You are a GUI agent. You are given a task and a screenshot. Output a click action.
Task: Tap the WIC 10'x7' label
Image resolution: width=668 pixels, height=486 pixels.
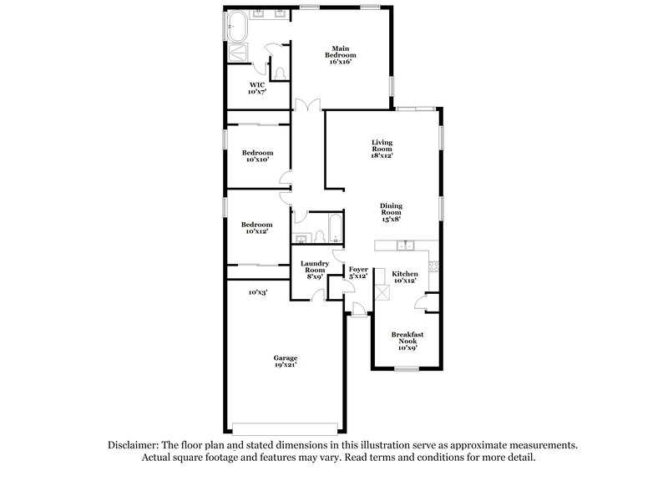[257, 88]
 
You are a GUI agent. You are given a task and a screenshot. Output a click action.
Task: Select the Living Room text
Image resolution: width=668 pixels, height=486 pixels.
[382, 149]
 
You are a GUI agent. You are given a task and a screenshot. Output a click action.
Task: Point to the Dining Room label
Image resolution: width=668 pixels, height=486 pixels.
[391, 212]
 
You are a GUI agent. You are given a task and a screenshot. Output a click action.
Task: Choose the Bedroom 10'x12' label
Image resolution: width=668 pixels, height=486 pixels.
[257, 227]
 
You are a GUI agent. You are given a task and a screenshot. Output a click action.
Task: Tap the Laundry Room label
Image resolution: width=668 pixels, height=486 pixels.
[314, 270]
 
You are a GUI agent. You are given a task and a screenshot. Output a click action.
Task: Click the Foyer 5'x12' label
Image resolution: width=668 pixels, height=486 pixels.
[358, 272]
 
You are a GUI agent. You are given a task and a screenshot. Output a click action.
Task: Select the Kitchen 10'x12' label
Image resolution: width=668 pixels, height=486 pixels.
[405, 277]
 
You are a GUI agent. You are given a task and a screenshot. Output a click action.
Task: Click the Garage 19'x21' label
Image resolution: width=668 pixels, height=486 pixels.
[286, 361]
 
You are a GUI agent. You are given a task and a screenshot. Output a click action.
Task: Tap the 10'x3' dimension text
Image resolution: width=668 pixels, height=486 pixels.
[257, 292]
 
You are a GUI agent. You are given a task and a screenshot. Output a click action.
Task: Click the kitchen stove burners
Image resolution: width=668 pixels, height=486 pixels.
[433, 268]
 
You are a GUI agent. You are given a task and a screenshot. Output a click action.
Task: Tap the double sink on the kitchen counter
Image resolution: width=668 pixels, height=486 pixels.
[408, 246]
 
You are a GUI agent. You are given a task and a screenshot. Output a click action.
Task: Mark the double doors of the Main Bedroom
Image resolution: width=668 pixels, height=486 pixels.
[308, 106]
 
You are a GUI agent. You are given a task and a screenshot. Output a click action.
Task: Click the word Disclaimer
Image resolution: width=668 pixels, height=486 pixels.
[134, 446]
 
